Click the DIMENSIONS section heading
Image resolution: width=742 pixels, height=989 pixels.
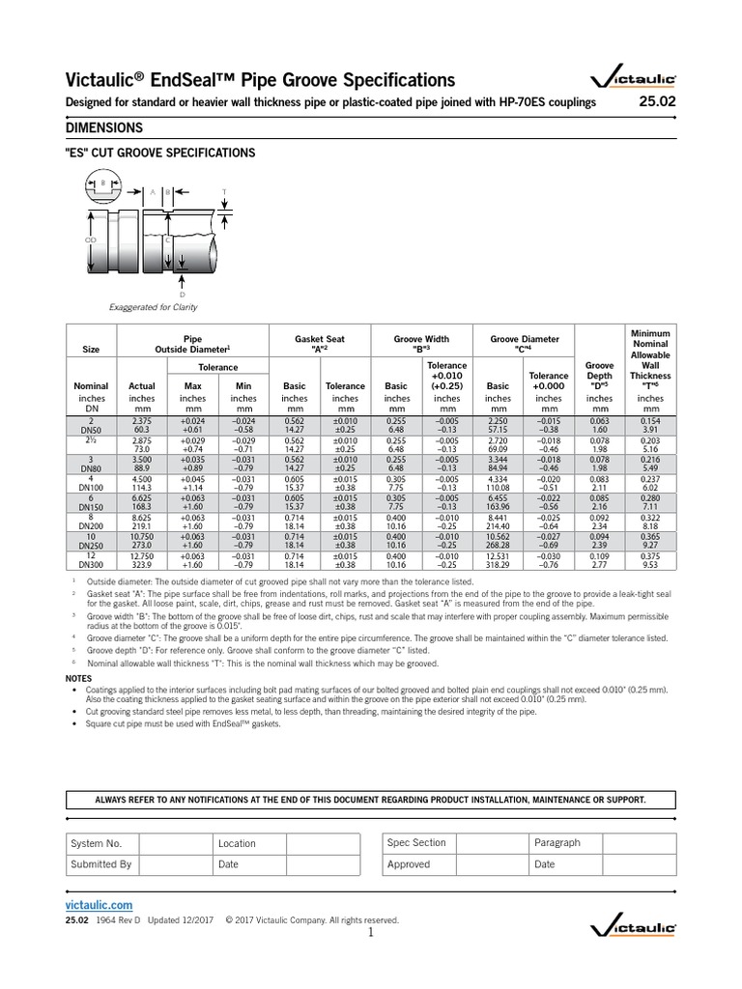[104, 128]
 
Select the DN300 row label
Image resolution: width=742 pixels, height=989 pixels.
[91, 565]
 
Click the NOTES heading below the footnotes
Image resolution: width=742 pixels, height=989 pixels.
[79, 680]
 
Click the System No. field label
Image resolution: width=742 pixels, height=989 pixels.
[97, 843]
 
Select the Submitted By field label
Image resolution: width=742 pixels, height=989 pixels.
[101, 864]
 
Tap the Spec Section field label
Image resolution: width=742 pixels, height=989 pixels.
[416, 843]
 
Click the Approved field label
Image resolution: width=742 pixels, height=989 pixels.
[408, 864]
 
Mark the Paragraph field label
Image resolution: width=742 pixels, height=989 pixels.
[557, 843]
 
